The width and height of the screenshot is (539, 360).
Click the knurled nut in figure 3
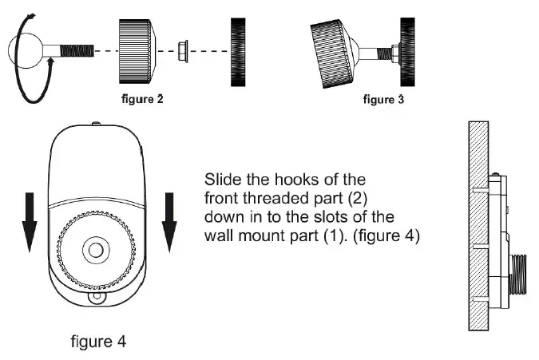point(334,49)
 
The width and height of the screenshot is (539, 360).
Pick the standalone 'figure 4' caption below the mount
point(97,342)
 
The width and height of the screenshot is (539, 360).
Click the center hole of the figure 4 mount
point(97,250)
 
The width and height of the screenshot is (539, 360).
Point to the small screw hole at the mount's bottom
point(97,298)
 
